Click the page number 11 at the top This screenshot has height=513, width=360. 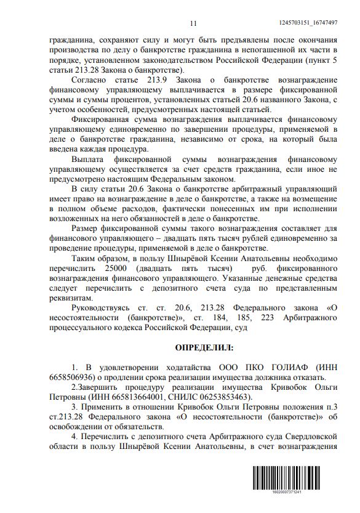tap(193, 23)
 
